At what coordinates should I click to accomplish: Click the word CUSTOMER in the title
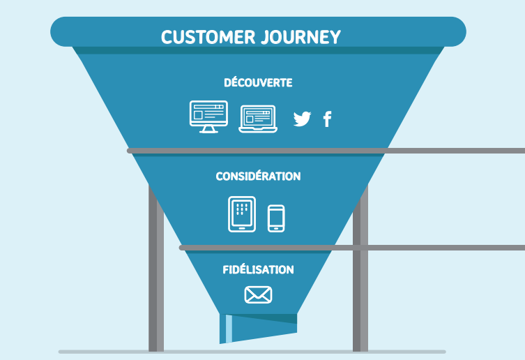coord(204,37)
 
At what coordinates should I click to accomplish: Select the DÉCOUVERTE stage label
coord(258,82)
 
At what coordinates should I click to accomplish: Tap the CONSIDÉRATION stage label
coord(258,177)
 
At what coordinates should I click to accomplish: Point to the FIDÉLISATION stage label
coord(258,269)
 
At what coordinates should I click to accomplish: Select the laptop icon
coord(258,119)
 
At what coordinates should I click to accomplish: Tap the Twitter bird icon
coord(302,119)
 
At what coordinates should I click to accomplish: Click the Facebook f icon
coord(327,119)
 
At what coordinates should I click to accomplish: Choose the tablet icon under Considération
coord(242,213)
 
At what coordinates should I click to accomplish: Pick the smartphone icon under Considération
coord(276,218)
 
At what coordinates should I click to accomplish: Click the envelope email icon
coord(258,295)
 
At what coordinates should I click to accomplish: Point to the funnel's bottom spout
coord(259,328)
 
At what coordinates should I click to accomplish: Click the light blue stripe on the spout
coord(229,329)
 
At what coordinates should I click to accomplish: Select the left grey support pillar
coord(155,279)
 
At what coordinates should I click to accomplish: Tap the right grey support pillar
coord(360,279)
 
